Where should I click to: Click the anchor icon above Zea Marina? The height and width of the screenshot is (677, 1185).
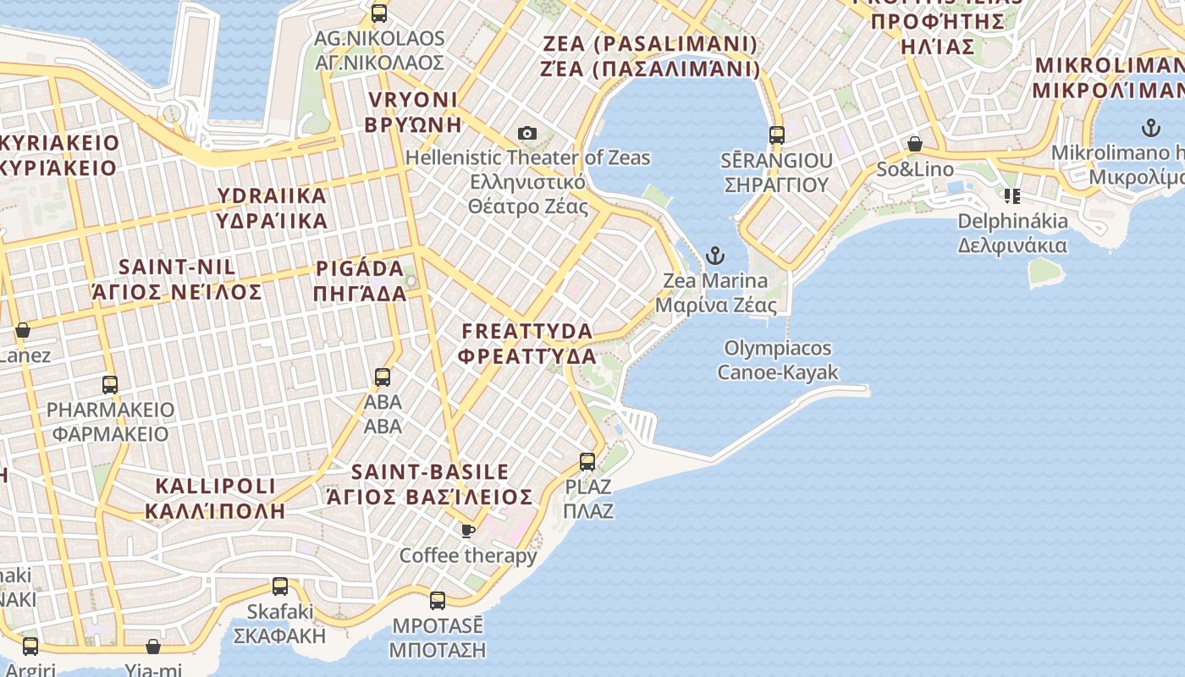click(716, 255)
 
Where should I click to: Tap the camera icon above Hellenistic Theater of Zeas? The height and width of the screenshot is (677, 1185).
click(527, 134)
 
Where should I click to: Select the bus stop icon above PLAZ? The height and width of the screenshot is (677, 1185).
click(587, 462)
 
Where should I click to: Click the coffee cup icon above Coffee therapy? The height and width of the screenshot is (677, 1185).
click(467, 531)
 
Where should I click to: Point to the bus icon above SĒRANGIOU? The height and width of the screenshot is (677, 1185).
click(777, 135)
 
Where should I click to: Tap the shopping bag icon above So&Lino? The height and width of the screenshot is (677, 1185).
click(915, 144)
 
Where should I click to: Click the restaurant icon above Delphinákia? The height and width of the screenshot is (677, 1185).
click(1011, 196)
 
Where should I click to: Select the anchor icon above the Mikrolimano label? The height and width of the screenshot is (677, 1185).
click(1150, 129)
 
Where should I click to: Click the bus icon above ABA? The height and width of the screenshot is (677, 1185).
click(383, 377)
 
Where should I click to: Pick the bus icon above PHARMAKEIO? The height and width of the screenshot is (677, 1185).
click(110, 385)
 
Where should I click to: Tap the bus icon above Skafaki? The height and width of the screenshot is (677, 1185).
click(280, 586)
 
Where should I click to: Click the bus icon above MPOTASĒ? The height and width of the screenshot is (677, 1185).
click(438, 601)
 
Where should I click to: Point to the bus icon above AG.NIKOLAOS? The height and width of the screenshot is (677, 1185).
click(379, 14)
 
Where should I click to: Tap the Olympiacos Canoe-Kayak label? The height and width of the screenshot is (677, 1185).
click(778, 360)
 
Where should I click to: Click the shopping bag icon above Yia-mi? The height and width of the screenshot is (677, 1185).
click(153, 647)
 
